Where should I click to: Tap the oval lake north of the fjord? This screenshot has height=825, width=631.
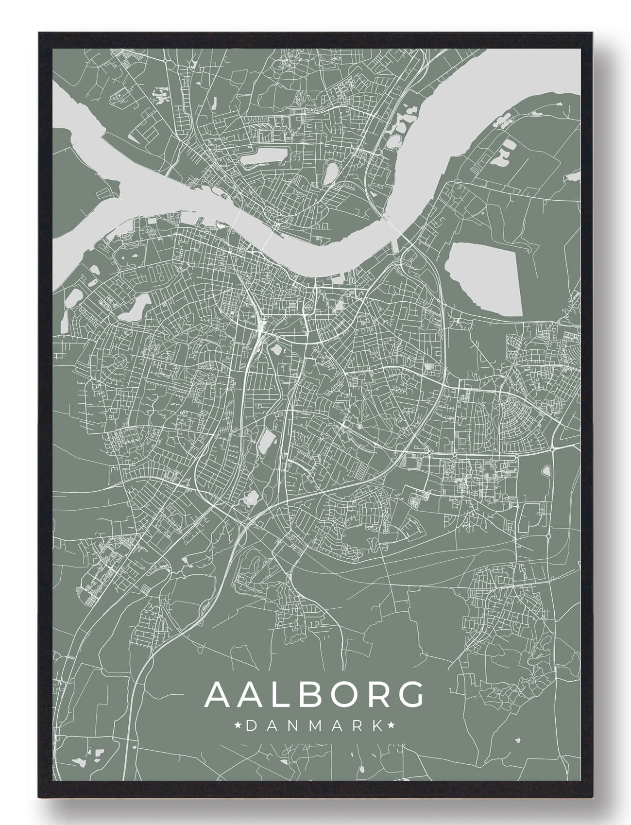[x=330, y=173]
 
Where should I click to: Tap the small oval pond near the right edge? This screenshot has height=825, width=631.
[x=547, y=471]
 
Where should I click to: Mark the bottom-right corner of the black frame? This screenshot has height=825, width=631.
[x=594, y=797]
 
